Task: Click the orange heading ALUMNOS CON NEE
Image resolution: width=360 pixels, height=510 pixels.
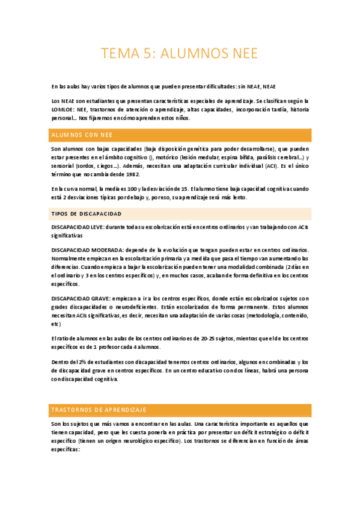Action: click(82, 135)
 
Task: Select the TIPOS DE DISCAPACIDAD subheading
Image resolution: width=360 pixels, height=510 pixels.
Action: click(87, 214)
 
